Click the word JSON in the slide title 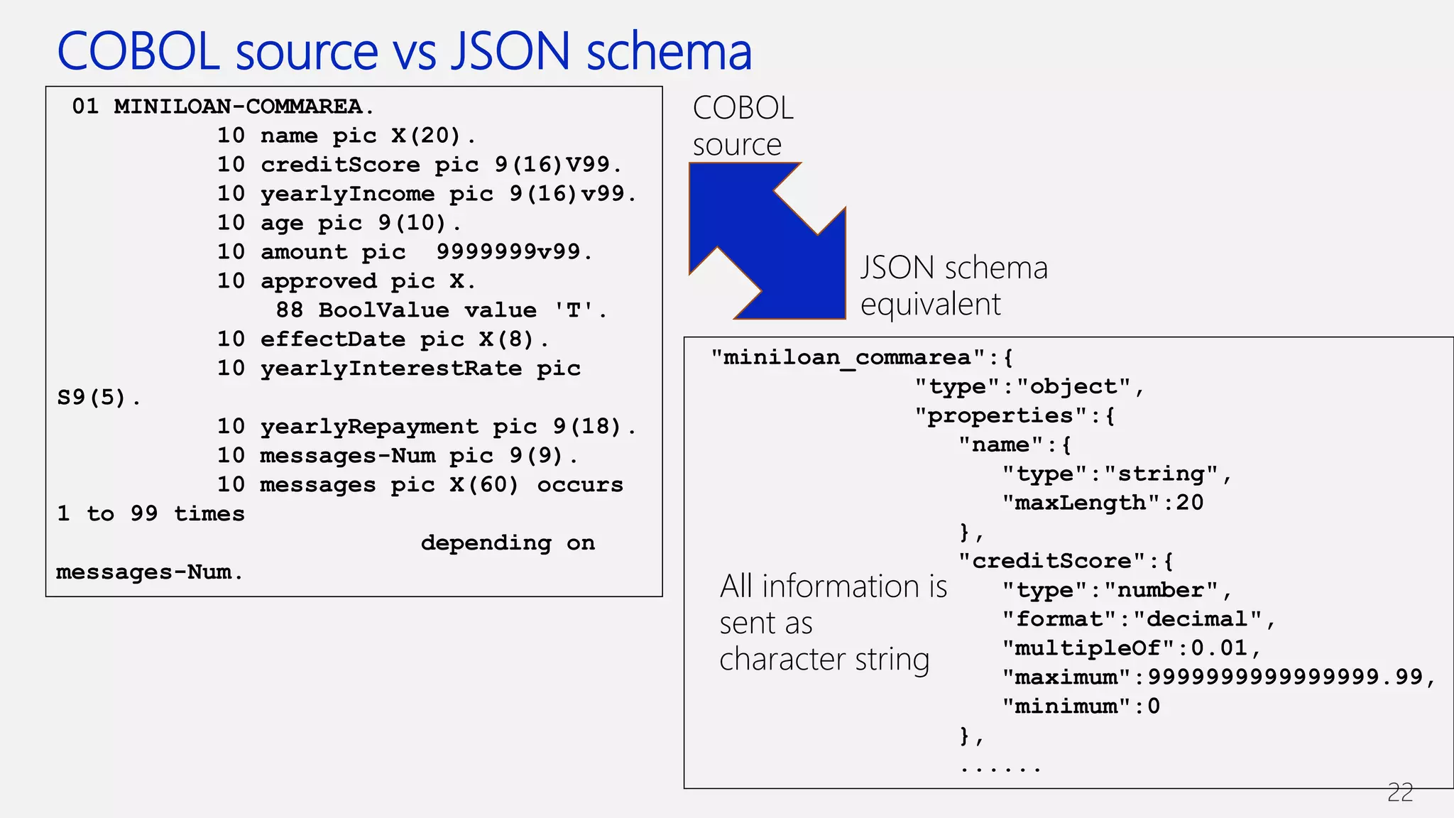(510, 52)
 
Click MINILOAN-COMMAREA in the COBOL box (239, 107)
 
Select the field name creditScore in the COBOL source (340, 165)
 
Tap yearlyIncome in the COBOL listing (347, 194)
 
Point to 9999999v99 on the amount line (508, 251)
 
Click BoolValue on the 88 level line (383, 310)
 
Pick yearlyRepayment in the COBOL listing (369, 427)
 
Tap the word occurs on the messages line (579, 485)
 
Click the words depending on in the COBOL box (508, 543)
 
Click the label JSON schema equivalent (953, 286)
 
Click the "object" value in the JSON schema (1073, 386)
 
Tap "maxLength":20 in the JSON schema (1103, 503)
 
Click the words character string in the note (824, 660)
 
